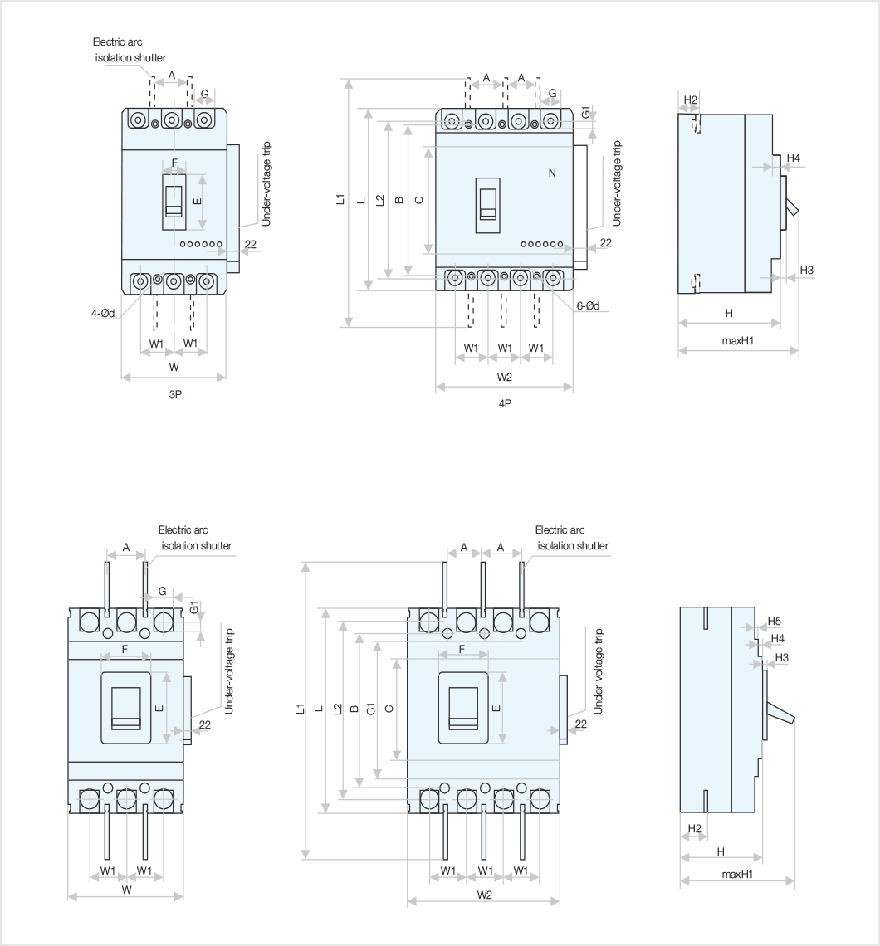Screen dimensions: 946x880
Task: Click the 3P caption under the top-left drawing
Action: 174,394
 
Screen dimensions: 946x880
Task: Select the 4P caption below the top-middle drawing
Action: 505,404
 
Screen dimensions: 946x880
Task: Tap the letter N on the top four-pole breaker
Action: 552,173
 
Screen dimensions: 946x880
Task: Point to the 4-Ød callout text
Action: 103,313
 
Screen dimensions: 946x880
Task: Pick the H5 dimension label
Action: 774,621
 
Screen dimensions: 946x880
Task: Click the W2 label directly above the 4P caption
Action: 505,378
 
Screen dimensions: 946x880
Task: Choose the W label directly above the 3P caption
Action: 174,367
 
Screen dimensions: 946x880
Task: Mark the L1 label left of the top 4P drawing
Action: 341,199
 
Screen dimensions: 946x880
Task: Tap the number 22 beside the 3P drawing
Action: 250,245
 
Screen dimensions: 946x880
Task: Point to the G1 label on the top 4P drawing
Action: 586,113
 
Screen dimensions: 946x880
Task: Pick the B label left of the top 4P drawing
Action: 399,200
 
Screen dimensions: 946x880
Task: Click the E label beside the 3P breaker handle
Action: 197,201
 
